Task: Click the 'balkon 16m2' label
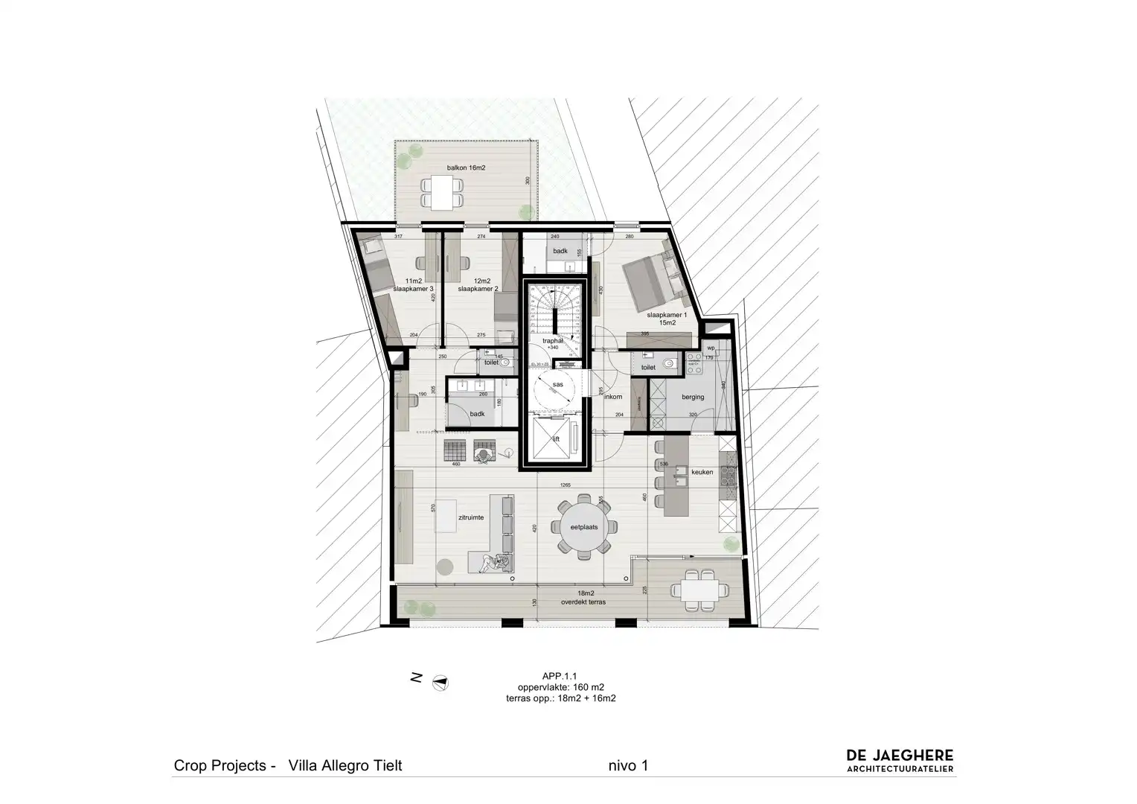click(x=466, y=168)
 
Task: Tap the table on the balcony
click(x=443, y=192)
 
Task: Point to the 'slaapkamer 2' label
click(x=478, y=288)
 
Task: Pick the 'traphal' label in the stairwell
click(x=552, y=340)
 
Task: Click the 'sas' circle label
click(x=557, y=385)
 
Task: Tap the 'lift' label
click(x=555, y=439)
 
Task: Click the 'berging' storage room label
click(x=692, y=397)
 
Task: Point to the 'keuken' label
click(x=702, y=472)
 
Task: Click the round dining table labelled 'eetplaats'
click(x=584, y=526)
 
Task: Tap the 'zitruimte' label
click(x=472, y=517)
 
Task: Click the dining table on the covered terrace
click(x=699, y=590)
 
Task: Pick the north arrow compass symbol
click(x=441, y=680)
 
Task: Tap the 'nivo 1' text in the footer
click(x=628, y=765)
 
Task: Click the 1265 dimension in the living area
click(x=566, y=485)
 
